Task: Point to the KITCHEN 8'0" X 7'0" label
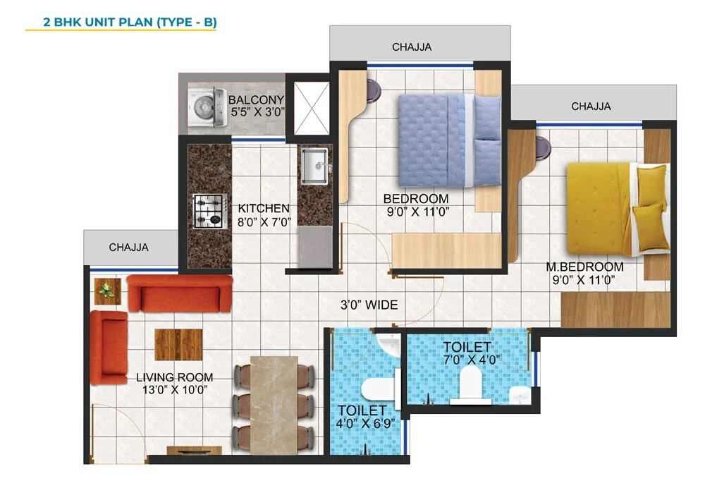click(264, 215)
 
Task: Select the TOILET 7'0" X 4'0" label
click(467, 353)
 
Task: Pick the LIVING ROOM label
click(174, 384)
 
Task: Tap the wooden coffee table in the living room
click(178, 344)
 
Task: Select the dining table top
click(274, 403)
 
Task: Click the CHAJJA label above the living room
click(128, 248)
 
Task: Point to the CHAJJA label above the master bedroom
click(591, 106)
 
